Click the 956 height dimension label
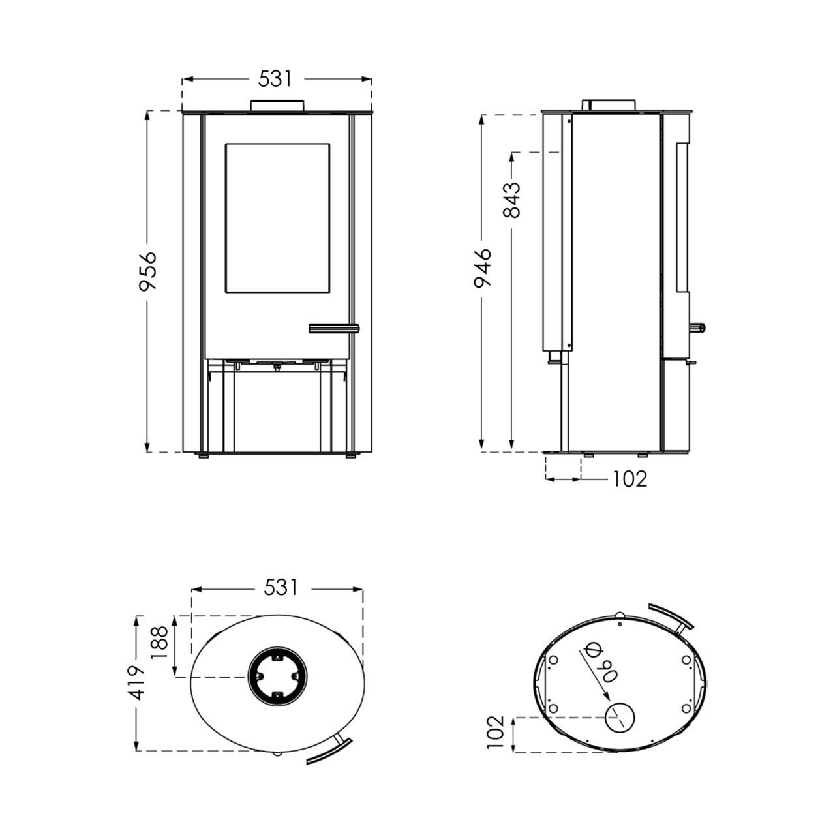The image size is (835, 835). point(147,271)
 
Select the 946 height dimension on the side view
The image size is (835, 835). point(482,267)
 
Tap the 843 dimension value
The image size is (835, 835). point(511,200)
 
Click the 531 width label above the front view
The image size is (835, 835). point(275,79)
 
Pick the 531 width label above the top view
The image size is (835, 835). point(281,588)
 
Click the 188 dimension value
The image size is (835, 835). point(160,643)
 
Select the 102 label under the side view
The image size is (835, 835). point(630,479)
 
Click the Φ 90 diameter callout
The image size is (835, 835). point(602,671)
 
